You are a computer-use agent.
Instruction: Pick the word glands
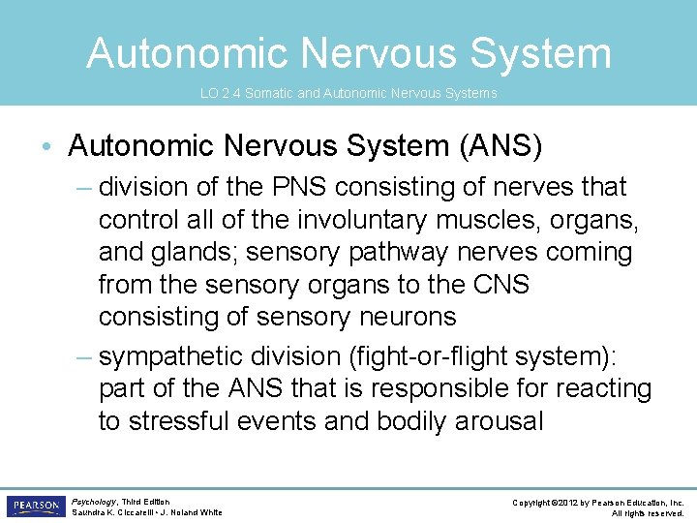coord(198,253)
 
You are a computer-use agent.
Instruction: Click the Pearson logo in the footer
coord(35,507)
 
